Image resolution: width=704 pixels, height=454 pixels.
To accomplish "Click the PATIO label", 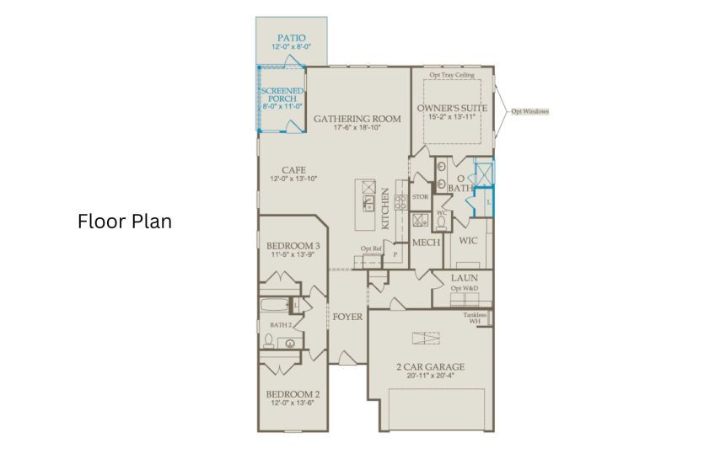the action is click(x=292, y=38).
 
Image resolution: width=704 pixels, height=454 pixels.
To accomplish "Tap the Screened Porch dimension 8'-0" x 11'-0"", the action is click(x=282, y=106).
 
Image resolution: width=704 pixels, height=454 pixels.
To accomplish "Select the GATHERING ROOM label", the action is click(x=357, y=119).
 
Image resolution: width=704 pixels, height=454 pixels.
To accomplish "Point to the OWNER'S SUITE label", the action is click(x=452, y=108).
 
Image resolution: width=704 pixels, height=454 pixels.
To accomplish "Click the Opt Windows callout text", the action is click(x=530, y=111).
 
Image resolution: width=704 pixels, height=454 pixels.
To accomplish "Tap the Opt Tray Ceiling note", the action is click(x=452, y=75).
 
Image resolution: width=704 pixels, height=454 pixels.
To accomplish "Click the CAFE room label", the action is click(x=294, y=170).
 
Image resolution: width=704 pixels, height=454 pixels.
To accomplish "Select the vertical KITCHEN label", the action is click(x=385, y=209).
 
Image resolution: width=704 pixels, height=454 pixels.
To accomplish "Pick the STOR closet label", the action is click(x=420, y=197).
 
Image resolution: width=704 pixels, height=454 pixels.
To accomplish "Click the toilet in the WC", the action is click(x=441, y=223).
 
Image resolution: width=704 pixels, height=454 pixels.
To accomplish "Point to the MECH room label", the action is click(x=426, y=243).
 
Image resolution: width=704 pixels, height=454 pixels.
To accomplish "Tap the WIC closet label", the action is click(x=468, y=240).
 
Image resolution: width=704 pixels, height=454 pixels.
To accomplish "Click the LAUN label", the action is click(x=465, y=278).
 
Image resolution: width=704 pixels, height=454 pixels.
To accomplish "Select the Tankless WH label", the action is click(x=475, y=318).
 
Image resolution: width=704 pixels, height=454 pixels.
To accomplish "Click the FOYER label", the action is click(x=347, y=317).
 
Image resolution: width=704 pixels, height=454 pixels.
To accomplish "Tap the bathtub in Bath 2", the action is click(x=275, y=305).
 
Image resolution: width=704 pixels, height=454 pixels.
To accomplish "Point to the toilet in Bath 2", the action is click(x=269, y=341).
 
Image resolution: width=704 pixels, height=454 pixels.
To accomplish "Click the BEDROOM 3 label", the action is click(x=293, y=246).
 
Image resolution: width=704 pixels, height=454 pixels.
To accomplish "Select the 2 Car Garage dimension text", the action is click(x=431, y=376).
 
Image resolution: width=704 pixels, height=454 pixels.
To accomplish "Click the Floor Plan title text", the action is click(x=125, y=222).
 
